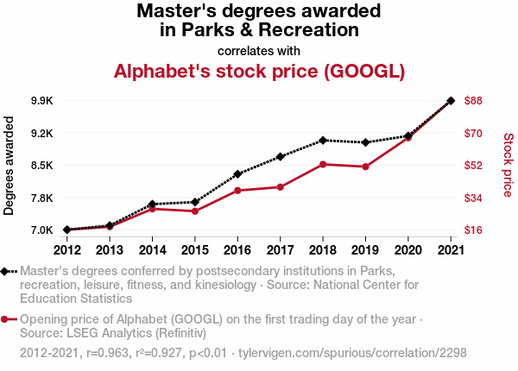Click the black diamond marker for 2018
323,140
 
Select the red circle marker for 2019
365,167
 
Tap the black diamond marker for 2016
237,174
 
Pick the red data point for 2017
281,186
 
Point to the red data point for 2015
195,211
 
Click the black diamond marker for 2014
152,204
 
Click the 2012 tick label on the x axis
66,250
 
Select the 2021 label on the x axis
451,250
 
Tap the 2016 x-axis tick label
237,250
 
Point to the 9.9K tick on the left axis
41,101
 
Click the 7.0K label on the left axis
41,230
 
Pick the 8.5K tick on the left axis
41,166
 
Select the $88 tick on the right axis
473,101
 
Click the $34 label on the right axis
473,198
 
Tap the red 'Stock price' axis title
508,165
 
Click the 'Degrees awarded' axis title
9,165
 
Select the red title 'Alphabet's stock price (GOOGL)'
259,71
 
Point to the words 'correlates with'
259,50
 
